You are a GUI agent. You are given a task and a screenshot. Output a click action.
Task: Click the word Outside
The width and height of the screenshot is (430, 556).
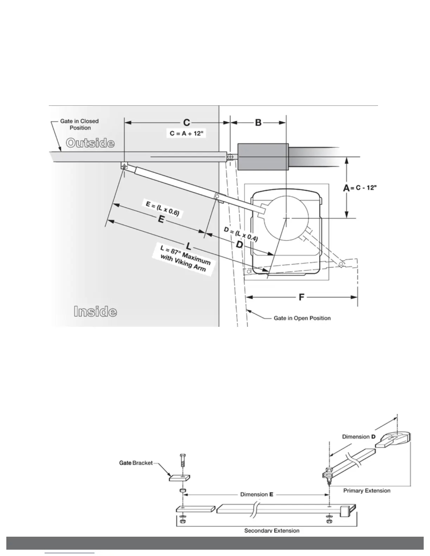pyautogui.click(x=90, y=143)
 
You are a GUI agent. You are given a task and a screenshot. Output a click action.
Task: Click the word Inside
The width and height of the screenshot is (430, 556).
pyautogui.click(x=95, y=311)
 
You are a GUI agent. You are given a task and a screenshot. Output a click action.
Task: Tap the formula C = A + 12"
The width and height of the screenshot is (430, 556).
pyautogui.click(x=186, y=133)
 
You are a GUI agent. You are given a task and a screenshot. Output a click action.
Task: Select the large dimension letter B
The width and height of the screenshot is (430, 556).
pyautogui.click(x=258, y=123)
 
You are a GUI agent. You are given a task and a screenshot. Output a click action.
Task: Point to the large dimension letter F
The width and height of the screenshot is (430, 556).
pyautogui.click(x=301, y=297)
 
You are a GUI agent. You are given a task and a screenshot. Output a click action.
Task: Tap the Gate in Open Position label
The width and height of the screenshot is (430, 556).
pyautogui.click(x=302, y=318)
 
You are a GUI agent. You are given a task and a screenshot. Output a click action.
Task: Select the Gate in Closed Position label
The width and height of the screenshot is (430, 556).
pyautogui.click(x=79, y=124)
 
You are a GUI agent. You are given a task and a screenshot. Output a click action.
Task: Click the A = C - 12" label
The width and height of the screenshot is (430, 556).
pyautogui.click(x=360, y=188)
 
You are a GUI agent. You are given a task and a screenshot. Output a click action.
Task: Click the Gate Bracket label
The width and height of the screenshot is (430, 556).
pyautogui.click(x=136, y=463)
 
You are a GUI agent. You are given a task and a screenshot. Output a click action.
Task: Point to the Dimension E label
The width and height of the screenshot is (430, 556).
pyautogui.click(x=256, y=494)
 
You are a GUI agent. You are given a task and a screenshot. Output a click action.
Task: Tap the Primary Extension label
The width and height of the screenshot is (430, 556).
pyautogui.click(x=366, y=490)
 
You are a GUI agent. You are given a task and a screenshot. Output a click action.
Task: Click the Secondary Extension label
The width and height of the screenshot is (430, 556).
pyautogui.click(x=272, y=530)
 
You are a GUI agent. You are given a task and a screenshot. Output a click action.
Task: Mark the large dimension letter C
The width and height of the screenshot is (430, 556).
pyautogui.click(x=187, y=123)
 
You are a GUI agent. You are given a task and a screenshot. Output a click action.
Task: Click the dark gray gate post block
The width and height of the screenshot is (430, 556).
pyautogui.click(x=263, y=157)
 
